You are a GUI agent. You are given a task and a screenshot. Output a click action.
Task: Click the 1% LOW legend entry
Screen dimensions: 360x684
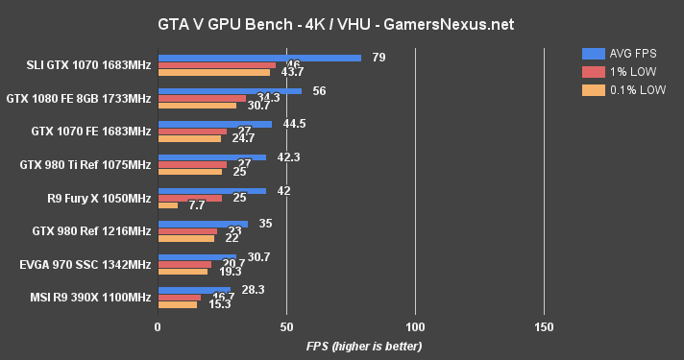click(x=617, y=72)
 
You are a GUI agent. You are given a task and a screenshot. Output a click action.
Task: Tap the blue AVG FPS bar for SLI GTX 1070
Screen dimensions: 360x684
click(x=259, y=58)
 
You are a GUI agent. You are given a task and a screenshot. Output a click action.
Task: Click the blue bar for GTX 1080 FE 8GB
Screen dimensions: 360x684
click(x=230, y=91)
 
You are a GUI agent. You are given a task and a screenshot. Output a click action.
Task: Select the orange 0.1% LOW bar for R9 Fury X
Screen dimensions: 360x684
click(x=167, y=205)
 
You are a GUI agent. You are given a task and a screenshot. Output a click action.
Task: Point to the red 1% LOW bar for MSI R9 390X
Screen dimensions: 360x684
click(x=179, y=297)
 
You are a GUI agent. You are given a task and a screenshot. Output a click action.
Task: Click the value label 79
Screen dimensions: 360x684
click(x=379, y=58)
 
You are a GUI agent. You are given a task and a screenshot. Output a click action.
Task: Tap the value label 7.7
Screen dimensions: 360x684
click(x=196, y=205)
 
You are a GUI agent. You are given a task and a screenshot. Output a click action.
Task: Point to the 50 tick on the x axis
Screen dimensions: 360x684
click(x=286, y=326)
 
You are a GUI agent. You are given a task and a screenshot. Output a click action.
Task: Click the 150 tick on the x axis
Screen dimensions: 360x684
click(x=544, y=326)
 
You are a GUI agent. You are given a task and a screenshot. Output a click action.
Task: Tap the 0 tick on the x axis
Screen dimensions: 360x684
click(x=158, y=326)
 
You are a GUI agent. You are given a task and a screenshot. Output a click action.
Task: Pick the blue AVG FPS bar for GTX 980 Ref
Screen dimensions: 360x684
click(x=203, y=223)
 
